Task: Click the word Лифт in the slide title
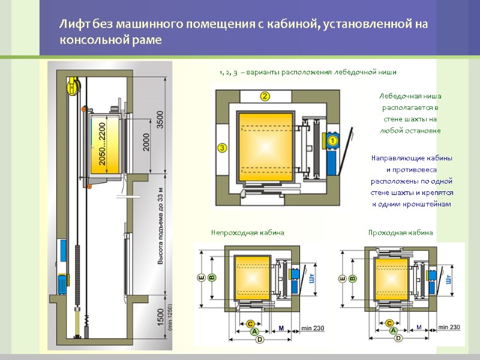(70, 25)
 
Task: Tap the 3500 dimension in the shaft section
(160, 119)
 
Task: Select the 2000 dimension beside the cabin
(146, 142)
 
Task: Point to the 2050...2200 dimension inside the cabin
(103, 144)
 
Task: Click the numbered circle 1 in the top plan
(333, 140)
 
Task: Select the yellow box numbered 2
(265, 95)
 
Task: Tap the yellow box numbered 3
(222, 147)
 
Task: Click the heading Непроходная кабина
(247, 232)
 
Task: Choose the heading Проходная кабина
(400, 232)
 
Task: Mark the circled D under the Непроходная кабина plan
(259, 339)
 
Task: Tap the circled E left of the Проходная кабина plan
(342, 278)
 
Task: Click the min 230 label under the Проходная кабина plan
(449, 327)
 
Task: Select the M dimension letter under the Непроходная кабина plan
(281, 327)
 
